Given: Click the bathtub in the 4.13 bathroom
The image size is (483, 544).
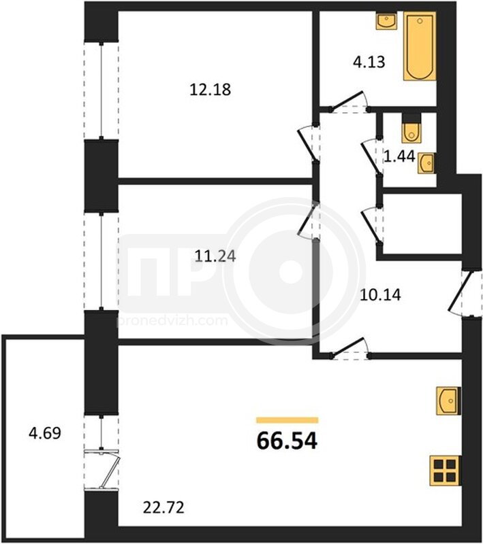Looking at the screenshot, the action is (x=420, y=47).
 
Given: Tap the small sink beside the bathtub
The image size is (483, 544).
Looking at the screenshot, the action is (x=386, y=20).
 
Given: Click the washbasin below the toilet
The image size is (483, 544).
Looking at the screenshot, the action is (x=426, y=163).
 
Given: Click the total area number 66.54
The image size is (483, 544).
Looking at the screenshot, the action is (x=287, y=441).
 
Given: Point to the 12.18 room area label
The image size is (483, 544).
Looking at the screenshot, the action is (x=211, y=90).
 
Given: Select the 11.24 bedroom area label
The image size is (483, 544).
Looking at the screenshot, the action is (x=215, y=256).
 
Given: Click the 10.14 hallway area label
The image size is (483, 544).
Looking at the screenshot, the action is (x=381, y=295).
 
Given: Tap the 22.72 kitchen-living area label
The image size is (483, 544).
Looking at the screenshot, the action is (x=163, y=508).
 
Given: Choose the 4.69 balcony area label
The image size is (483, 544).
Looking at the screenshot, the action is (x=45, y=433).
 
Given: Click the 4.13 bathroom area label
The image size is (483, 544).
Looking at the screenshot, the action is (x=369, y=63).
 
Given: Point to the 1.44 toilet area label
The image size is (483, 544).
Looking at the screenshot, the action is (x=400, y=157).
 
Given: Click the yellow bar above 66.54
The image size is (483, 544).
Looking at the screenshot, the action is (x=287, y=420).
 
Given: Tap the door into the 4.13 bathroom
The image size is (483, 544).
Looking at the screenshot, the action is (x=349, y=103).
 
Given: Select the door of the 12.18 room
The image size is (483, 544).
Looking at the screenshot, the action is (x=307, y=143).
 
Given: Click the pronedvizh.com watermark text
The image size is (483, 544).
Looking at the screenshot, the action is (x=173, y=320).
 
